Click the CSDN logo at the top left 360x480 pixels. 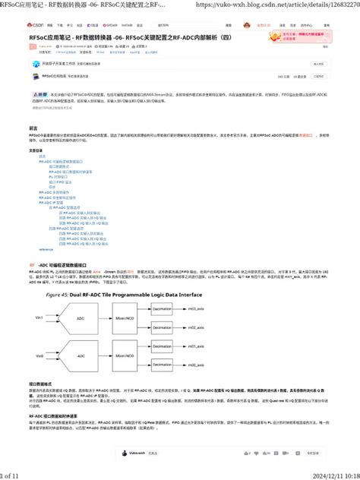pyautogui.click(x=36, y=24)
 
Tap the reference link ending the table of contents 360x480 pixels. pyautogui.click(x=46, y=248)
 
